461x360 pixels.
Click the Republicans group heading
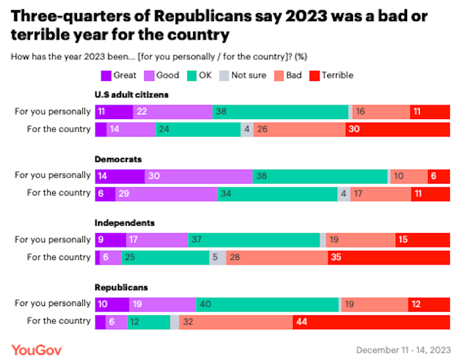(x=121, y=288)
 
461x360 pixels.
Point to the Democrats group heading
(x=119, y=159)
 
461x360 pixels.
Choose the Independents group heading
(x=125, y=223)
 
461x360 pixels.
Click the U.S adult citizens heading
(x=132, y=95)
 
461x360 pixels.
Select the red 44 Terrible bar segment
(x=371, y=321)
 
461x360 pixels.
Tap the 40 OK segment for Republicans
(x=267, y=303)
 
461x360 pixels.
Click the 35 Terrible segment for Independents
(x=389, y=257)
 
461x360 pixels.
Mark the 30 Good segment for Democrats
(x=198, y=176)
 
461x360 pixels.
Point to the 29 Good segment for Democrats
(x=166, y=193)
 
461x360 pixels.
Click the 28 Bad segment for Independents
(x=277, y=257)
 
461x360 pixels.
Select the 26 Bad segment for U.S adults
(x=299, y=129)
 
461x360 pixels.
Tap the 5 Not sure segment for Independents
(x=218, y=257)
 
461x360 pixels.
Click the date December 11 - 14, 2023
(x=403, y=348)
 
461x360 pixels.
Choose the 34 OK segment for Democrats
(x=277, y=193)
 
